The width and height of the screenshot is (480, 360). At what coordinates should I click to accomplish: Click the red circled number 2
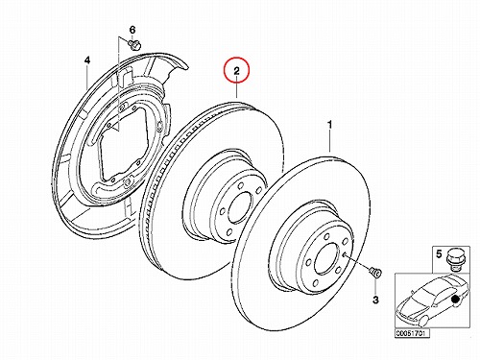[236, 70]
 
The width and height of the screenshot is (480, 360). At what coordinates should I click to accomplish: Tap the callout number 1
[329, 125]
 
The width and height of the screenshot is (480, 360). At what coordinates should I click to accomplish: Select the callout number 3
[375, 300]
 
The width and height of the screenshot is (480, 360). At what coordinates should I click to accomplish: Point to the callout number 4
[87, 60]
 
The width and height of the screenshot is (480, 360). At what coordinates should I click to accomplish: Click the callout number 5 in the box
[439, 254]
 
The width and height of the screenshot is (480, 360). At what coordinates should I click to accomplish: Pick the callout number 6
[132, 30]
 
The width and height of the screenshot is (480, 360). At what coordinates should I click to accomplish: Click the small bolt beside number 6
[135, 44]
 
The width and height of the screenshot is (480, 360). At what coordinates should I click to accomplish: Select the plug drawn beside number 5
[453, 258]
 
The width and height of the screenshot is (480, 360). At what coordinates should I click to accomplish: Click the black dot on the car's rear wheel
[455, 300]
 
